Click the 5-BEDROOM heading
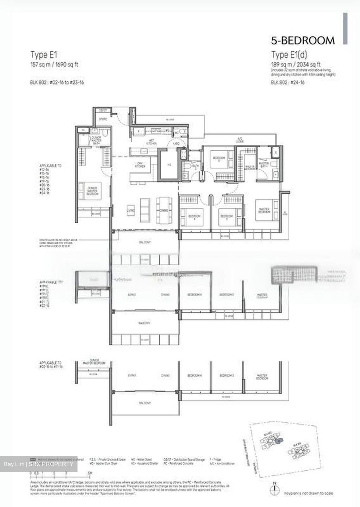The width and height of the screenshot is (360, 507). (303, 40)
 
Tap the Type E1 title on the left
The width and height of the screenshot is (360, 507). (44, 55)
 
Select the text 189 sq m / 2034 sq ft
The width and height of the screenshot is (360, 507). (296, 64)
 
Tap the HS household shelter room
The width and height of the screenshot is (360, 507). (169, 164)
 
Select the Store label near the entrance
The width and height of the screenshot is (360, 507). (103, 119)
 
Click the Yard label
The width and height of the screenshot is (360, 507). (175, 144)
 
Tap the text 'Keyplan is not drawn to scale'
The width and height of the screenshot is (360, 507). (308, 493)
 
